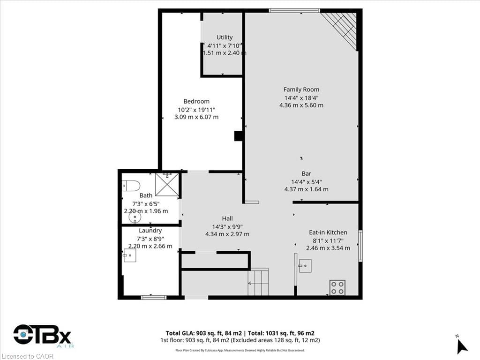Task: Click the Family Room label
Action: click(301, 90)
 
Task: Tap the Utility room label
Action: click(224, 37)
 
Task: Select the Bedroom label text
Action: click(196, 101)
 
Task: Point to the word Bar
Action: click(306, 173)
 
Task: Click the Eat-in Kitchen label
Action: click(328, 232)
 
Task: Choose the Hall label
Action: click(227, 218)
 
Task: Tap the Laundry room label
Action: click(150, 231)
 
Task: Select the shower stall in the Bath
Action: click(167, 185)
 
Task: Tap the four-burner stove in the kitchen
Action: click(337, 287)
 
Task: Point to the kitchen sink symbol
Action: click(305, 266)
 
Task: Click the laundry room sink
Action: click(129, 255)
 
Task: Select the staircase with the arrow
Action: click(257, 282)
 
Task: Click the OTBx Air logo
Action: click(42, 336)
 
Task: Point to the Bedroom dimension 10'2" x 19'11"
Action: click(196, 109)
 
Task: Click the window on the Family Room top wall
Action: click(294, 10)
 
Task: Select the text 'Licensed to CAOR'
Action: click(27, 356)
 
